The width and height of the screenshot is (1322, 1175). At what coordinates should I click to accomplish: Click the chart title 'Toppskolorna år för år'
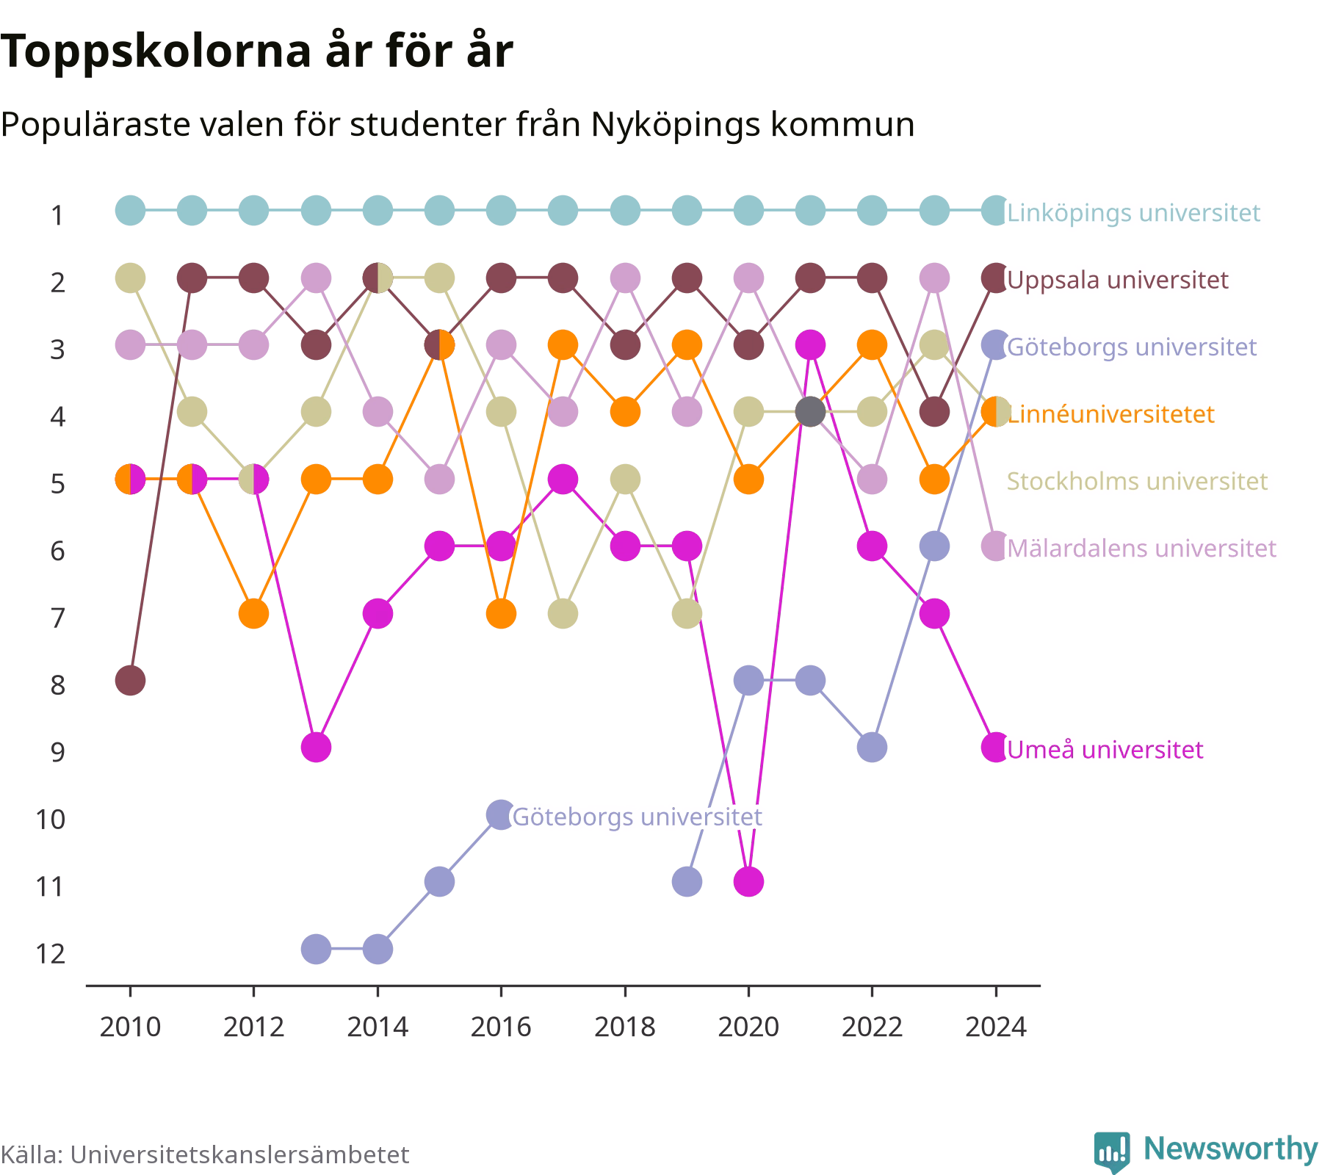tap(256, 51)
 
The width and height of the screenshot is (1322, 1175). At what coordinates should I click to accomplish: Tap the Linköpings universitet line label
tap(1133, 213)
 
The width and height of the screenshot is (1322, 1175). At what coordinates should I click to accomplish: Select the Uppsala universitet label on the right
tap(1117, 280)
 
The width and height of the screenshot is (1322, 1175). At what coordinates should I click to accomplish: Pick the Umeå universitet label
tap(1105, 749)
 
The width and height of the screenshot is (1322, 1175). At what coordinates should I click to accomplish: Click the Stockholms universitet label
tap(1137, 481)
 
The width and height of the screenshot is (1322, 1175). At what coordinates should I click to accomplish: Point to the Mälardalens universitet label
tap(1141, 548)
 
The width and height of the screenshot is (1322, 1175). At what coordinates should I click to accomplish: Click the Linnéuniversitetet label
tap(1110, 414)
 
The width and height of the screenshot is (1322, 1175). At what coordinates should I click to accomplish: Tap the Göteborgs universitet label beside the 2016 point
tap(637, 817)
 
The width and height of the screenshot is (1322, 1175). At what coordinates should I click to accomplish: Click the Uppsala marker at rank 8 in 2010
tap(131, 681)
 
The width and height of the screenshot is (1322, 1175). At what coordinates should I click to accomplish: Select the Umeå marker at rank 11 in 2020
tap(748, 881)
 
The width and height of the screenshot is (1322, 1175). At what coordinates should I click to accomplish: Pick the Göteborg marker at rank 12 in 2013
tap(316, 949)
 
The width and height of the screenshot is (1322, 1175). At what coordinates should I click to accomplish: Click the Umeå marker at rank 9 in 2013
tap(316, 748)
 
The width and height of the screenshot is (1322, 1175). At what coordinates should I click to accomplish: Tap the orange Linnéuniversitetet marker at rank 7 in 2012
tap(254, 613)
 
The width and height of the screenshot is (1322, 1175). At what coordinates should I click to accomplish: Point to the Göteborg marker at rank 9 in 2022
tap(872, 748)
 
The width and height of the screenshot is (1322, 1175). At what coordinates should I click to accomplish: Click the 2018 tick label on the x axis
tap(625, 1027)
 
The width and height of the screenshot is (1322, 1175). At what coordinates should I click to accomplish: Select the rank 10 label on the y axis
tap(51, 819)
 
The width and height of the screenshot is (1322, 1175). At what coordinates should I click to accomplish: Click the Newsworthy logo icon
tap(1112, 1151)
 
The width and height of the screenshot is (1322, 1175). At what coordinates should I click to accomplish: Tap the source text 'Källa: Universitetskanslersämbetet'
tap(205, 1154)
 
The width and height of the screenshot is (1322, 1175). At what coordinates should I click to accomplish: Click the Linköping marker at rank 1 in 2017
tap(563, 211)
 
